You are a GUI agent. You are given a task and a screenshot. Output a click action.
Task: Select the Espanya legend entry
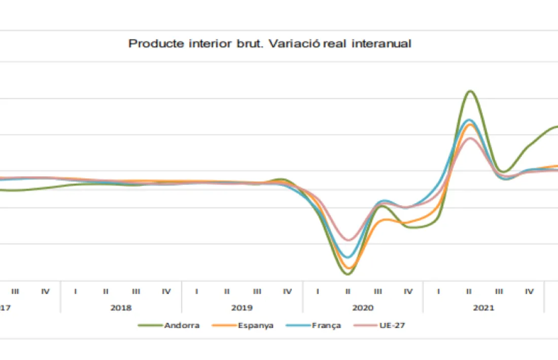point(255,326)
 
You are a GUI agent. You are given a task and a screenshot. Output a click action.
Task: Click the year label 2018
point(121,308)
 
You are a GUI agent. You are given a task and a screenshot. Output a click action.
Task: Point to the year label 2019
point(242,308)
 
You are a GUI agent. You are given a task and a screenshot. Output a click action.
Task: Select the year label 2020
point(363,308)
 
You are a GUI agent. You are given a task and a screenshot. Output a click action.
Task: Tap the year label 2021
point(484,308)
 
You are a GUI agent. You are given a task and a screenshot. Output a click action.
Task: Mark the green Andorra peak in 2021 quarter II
point(470,91)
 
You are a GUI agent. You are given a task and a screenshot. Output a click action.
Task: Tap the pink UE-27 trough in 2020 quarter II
point(348,240)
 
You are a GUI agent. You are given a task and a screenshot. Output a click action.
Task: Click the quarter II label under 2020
point(348,292)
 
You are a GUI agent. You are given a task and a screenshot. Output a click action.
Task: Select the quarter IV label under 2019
point(288,292)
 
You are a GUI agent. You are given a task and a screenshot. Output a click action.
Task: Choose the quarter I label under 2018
point(76,292)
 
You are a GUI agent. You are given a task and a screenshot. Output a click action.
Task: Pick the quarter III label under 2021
point(500,292)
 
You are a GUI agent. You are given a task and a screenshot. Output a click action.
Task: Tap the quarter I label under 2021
point(439,292)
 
